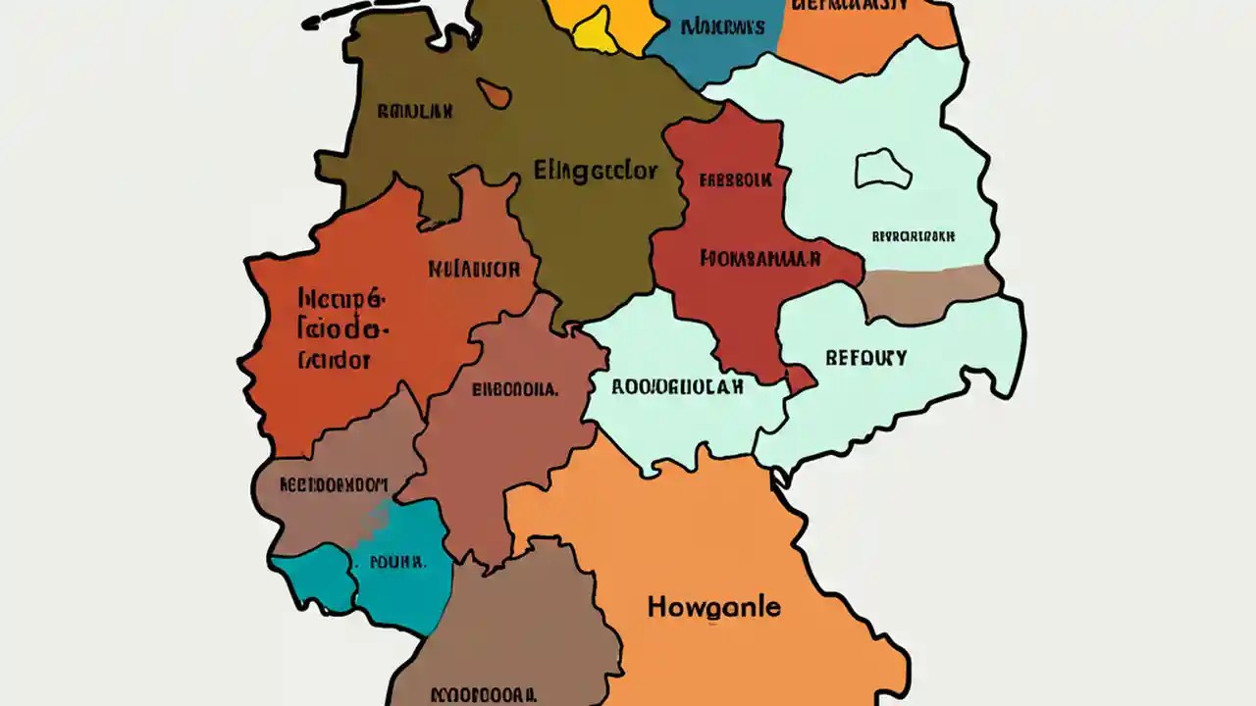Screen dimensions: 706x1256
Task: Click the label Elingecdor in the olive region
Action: coord(595,170)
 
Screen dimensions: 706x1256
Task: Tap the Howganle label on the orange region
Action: coord(713,607)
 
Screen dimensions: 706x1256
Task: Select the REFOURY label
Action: coord(865,358)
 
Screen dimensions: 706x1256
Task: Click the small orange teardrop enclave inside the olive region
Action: coord(495,93)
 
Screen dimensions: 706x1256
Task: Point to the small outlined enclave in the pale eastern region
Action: coord(883,169)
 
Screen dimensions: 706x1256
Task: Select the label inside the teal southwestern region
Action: coord(397,563)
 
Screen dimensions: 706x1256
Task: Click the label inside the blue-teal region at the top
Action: coord(722,26)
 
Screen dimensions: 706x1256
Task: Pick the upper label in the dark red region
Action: coord(735,180)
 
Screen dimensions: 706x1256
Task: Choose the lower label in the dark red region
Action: coord(759,258)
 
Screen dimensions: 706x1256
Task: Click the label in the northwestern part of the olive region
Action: coord(414,112)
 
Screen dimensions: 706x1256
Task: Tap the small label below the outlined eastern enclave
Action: coord(914,236)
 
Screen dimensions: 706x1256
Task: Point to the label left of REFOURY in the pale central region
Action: coord(677,385)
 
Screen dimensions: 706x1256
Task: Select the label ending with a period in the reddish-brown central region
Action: coord(515,388)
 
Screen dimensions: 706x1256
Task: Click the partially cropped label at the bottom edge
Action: coord(489,694)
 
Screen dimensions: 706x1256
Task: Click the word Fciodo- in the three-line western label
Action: coord(342,328)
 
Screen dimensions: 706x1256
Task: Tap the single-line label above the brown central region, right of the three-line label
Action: coord(474,267)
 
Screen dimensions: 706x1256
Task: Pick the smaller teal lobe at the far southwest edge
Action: coord(312,580)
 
